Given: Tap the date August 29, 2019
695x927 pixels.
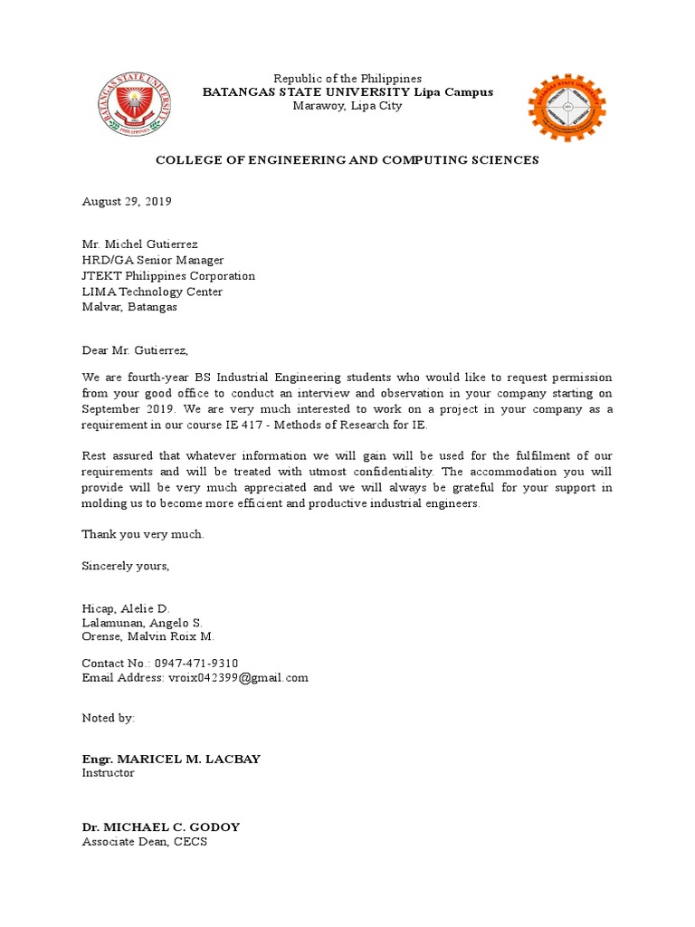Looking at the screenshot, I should tap(127, 202).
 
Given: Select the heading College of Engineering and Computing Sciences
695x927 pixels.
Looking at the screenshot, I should tap(347, 160).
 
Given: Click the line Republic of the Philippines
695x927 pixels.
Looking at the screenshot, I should tap(347, 79).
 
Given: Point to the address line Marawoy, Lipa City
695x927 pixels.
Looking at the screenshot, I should tap(347, 106).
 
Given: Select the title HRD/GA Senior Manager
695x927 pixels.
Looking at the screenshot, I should tap(152, 261).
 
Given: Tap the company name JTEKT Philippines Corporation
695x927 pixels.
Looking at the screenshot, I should tap(168, 276).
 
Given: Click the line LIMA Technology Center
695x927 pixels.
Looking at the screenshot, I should tap(152, 291).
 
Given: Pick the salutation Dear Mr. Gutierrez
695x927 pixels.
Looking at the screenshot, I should tap(138, 350).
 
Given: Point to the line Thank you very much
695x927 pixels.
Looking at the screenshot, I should tap(143, 534).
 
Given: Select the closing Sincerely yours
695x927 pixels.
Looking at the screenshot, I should tap(126, 566).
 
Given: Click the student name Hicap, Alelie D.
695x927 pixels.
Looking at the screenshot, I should tap(126, 608).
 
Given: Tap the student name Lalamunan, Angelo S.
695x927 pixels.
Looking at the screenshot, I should tap(142, 623).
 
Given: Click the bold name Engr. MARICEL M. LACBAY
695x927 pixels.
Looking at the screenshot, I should tap(171, 759).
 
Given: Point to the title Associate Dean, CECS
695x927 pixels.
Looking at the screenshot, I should tap(144, 842).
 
